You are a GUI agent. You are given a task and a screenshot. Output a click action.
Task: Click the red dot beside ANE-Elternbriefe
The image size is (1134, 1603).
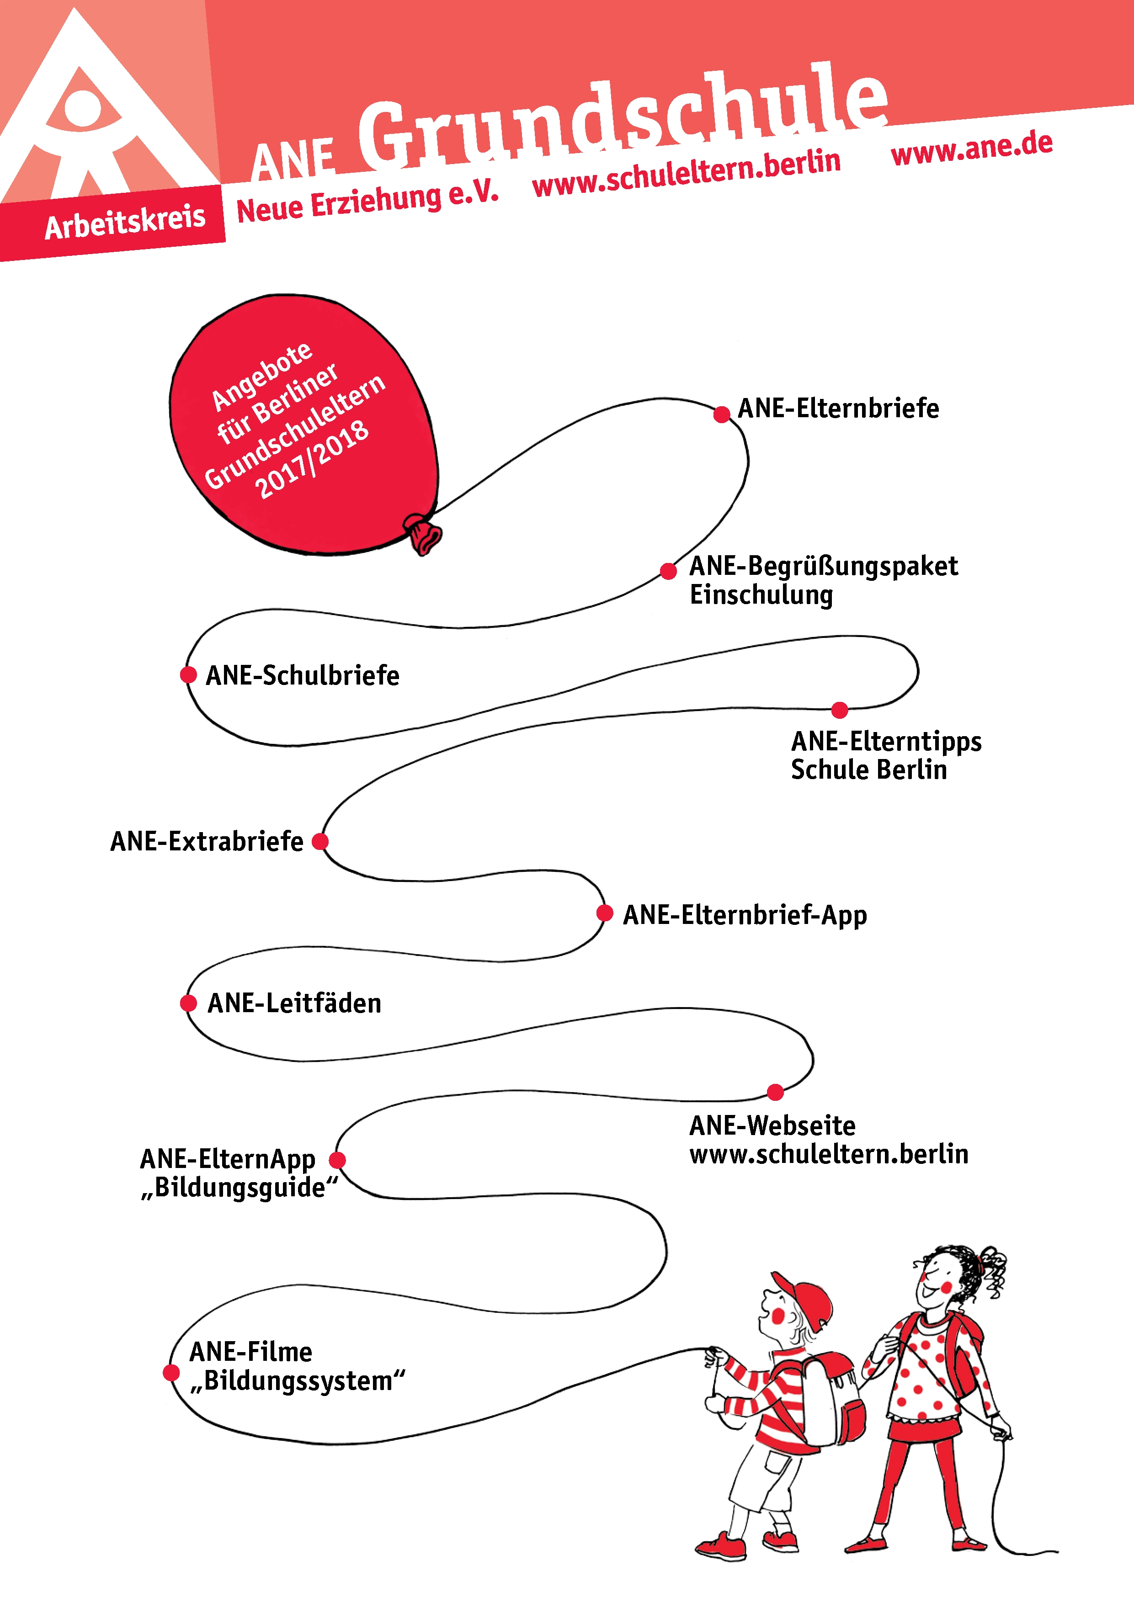point(722,415)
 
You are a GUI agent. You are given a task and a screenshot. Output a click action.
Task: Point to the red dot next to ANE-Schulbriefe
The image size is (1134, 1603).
point(188,674)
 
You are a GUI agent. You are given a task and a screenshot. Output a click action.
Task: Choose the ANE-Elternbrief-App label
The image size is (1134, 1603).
point(745,915)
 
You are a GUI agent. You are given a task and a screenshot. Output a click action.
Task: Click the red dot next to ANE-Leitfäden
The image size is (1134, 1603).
point(188,1003)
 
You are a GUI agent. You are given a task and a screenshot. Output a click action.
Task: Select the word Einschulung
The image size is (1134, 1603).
point(761,595)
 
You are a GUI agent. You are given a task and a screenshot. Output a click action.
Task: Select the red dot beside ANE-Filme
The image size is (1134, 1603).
point(171,1373)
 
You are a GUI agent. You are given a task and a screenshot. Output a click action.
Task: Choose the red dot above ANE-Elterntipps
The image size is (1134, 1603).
point(840,710)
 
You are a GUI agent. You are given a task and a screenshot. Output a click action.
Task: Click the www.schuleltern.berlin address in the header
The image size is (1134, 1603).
point(687,173)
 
